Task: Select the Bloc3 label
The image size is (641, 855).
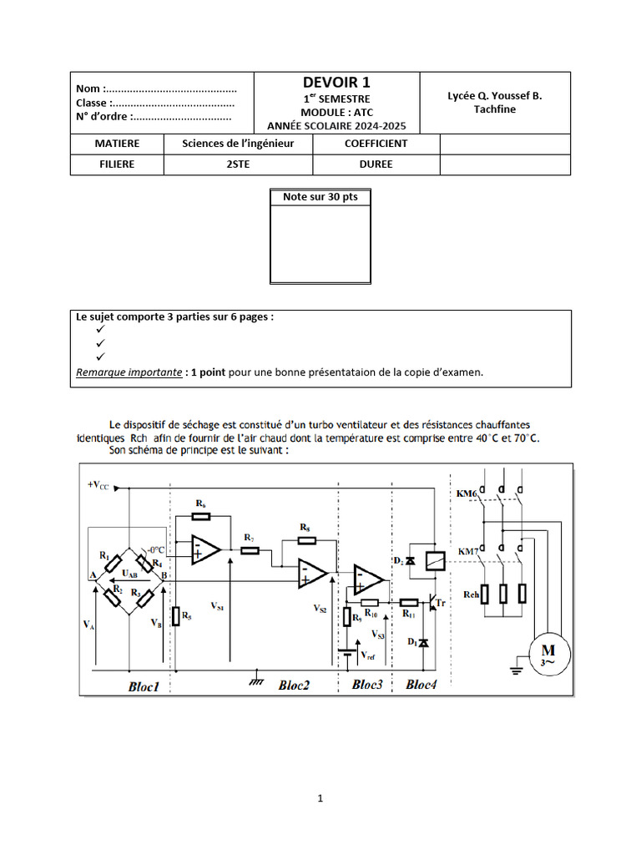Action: pos(367,685)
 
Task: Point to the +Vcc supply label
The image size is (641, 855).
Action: pos(98,485)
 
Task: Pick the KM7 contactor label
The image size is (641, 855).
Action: pos(468,552)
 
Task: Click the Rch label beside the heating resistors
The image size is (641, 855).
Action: pos(472,594)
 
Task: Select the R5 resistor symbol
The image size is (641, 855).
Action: pos(175,616)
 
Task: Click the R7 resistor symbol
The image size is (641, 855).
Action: pos(250,550)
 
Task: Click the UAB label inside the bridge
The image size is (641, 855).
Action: pos(131,574)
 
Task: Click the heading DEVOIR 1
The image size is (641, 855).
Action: pos(336,82)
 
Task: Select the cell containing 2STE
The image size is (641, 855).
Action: pos(238,164)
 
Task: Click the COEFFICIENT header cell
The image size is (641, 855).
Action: pos(376,144)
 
